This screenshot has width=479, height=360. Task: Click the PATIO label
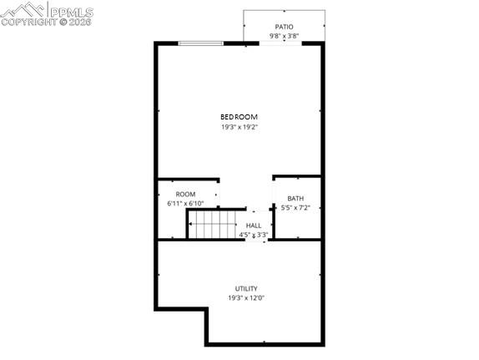pyautogui.click(x=284, y=27)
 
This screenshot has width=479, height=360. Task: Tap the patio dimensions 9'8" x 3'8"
pyautogui.click(x=284, y=36)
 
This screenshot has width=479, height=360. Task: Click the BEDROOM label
pyautogui.click(x=239, y=117)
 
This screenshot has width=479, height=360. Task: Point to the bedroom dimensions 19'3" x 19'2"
pyautogui.click(x=239, y=127)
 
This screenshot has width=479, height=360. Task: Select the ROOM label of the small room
pyautogui.click(x=185, y=194)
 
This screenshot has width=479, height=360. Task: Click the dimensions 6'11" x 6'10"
pyautogui.click(x=185, y=203)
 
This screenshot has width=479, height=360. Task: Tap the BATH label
pyautogui.click(x=296, y=198)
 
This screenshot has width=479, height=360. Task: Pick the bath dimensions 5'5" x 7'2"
pyautogui.click(x=296, y=207)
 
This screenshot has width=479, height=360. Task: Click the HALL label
pyautogui.click(x=253, y=226)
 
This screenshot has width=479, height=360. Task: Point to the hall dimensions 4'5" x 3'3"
pyautogui.click(x=253, y=235)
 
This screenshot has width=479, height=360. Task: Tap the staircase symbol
pyautogui.click(x=213, y=224)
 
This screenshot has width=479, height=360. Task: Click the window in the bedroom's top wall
pyautogui.click(x=200, y=43)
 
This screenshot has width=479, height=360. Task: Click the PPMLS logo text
pyautogui.click(x=71, y=10)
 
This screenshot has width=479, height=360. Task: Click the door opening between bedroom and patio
pyautogui.click(x=284, y=43)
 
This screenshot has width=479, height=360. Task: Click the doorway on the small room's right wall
pyautogui.click(x=219, y=195)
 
